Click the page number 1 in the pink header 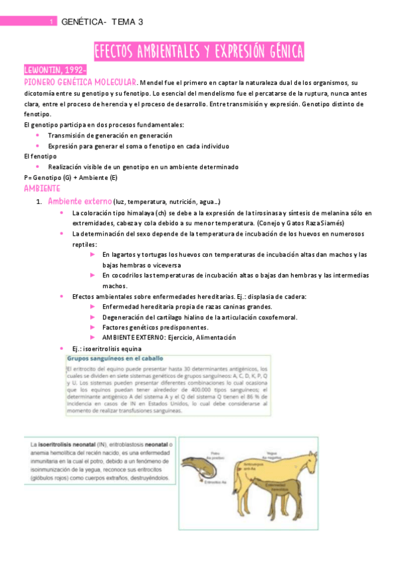coord(51,22)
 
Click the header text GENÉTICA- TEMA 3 coord(102,22)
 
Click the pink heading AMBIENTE coord(42,189)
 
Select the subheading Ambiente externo coord(79,201)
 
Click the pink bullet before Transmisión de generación coord(37,135)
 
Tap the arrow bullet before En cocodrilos coord(92,275)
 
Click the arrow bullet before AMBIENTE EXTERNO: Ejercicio coord(92,337)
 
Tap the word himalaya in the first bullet coord(136,212)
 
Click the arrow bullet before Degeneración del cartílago coord(92,317)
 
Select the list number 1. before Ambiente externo coord(39,201)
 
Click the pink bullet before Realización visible coord(37,167)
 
